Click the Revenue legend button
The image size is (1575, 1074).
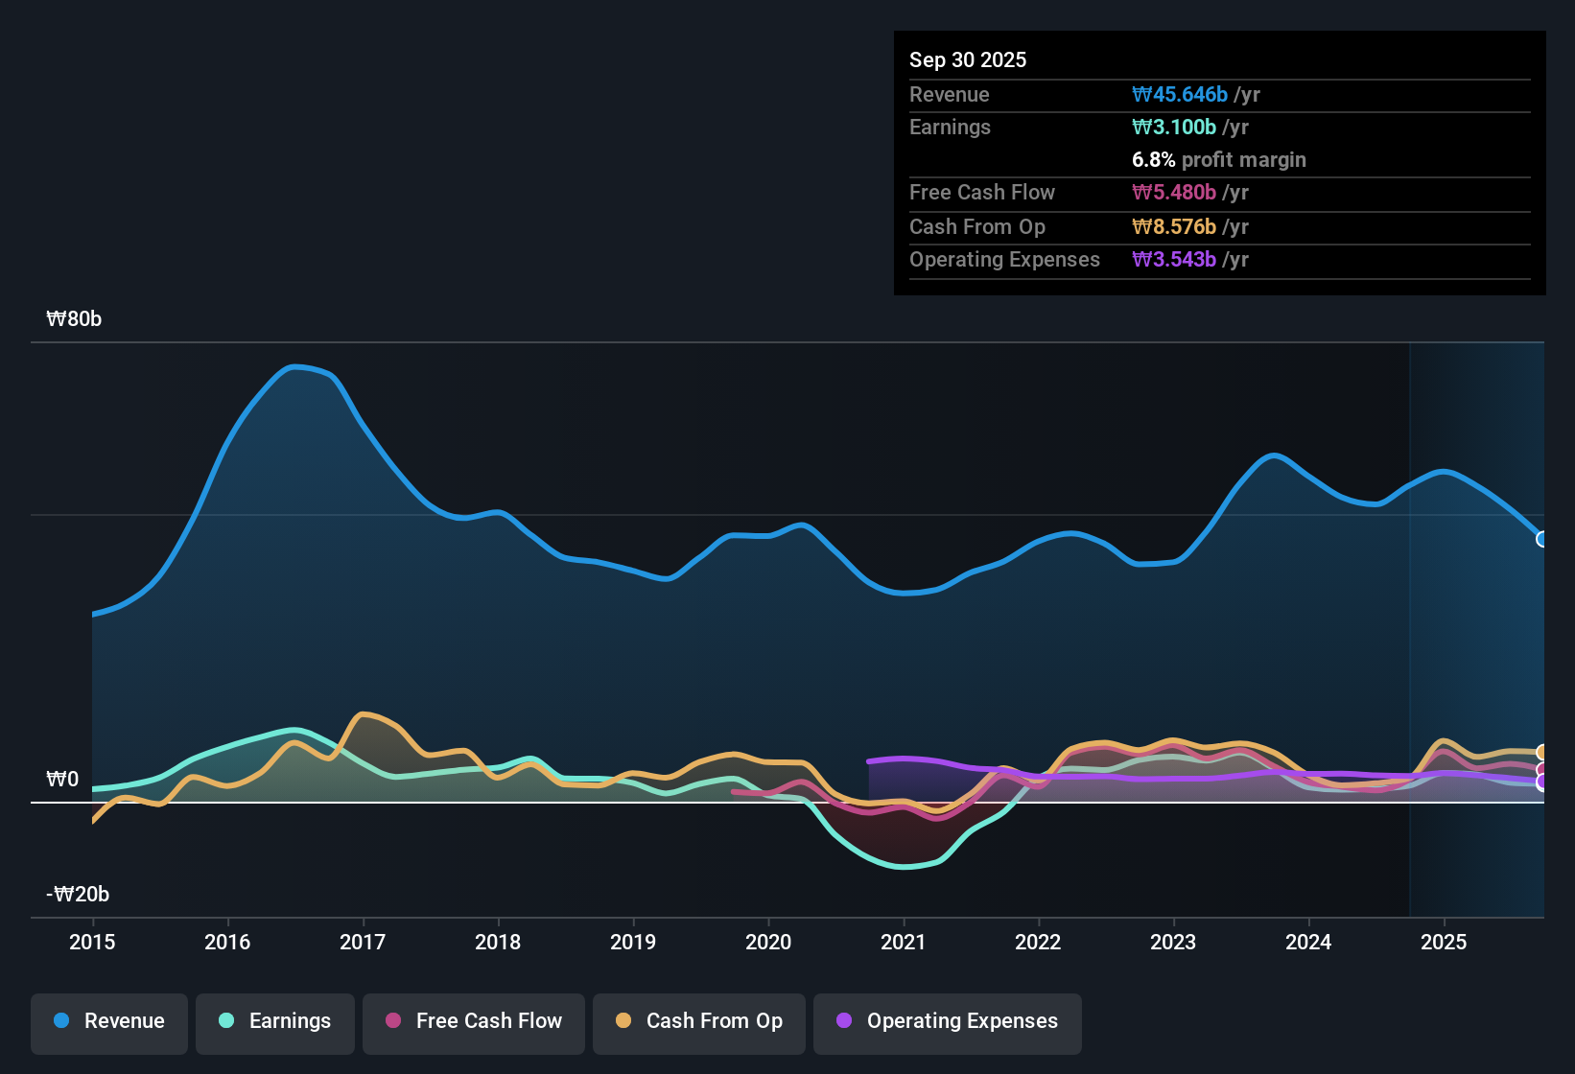109,1021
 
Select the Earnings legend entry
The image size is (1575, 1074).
275,1021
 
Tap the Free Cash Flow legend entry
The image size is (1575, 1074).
474,1021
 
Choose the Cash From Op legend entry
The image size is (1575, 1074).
699,1021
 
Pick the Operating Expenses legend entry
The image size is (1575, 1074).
948,1021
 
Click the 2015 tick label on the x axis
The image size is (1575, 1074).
92,943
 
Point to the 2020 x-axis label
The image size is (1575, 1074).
768,943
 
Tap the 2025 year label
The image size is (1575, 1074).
1444,943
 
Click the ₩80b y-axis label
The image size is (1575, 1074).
74,319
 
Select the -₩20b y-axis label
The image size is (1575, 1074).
78,895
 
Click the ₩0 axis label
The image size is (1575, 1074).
62,780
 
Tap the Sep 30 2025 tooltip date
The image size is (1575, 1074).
968,60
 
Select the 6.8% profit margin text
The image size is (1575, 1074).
1219,160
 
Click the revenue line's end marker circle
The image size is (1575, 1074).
1542,539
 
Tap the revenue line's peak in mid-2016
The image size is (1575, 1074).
296,366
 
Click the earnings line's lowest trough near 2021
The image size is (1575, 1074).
904,867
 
